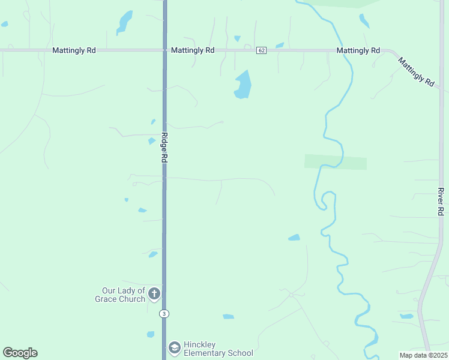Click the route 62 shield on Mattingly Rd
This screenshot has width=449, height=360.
pos(261,50)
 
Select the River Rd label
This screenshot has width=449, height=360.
pos(441,202)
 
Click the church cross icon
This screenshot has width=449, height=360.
pos(154,293)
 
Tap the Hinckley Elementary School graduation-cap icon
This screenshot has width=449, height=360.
pos(174,347)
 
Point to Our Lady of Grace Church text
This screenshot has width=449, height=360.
pos(120,295)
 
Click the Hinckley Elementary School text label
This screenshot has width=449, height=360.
pos(218,349)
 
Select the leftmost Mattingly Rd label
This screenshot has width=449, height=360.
pos(74,51)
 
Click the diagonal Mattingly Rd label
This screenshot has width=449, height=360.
pos(415,72)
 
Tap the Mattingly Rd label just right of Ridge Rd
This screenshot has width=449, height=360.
pos(193,51)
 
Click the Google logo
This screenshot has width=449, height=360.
pos(20,353)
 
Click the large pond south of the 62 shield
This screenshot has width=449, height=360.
pos(243,85)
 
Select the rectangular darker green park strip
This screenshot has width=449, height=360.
pos(335,162)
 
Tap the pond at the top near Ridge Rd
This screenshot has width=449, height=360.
pos(124,22)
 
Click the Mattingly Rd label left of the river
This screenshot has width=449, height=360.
pos(358,51)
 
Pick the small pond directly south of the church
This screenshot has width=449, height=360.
pos(151,334)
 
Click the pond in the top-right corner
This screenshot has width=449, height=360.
pos(364,21)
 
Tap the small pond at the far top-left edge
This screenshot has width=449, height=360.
pos(5,24)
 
